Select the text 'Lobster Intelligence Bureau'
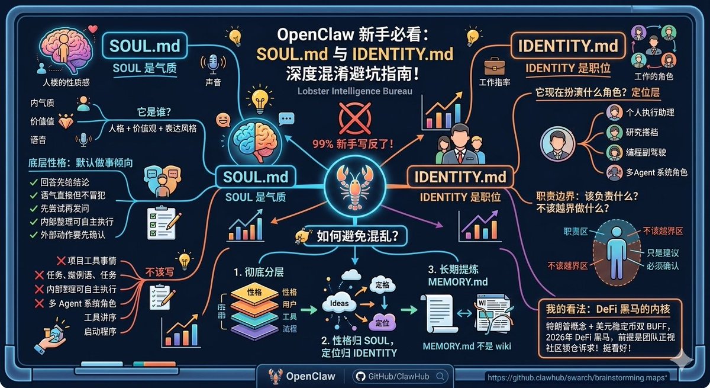[355, 91]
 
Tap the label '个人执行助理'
[649, 113]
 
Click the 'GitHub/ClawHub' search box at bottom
[399, 376]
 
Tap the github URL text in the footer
[577, 377]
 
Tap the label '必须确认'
[662, 265]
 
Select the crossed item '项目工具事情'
[91, 261]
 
